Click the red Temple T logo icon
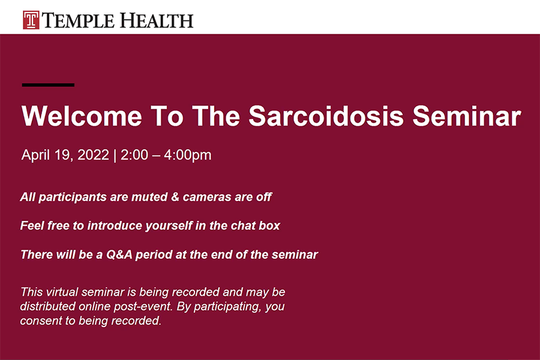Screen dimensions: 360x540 pyautogui.click(x=31, y=20)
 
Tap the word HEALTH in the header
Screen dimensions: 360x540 pyautogui.click(x=157, y=20)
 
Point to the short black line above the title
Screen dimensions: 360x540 pyautogui.click(x=48, y=85)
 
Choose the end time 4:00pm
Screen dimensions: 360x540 pyautogui.click(x=190, y=155)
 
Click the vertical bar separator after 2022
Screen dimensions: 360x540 pyautogui.click(x=115, y=155)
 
